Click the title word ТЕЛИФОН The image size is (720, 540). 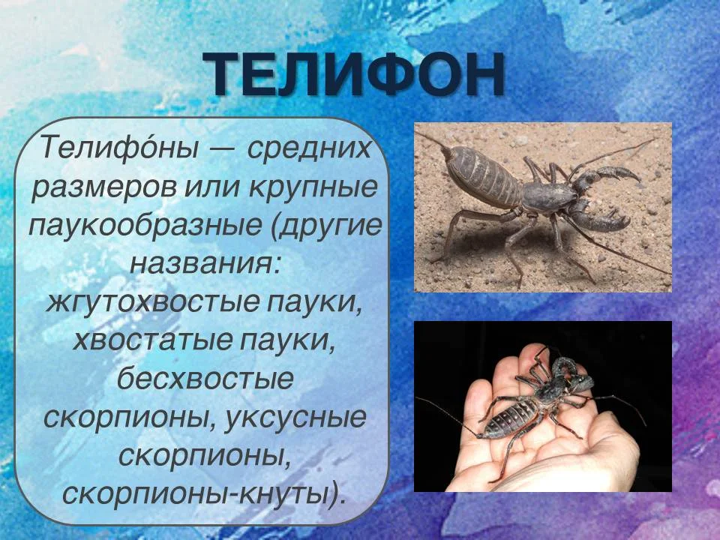click(353, 74)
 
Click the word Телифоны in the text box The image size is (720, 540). click(119, 147)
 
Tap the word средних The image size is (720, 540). click(308, 147)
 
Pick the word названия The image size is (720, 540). click(204, 264)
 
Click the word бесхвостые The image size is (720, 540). click(205, 379)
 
